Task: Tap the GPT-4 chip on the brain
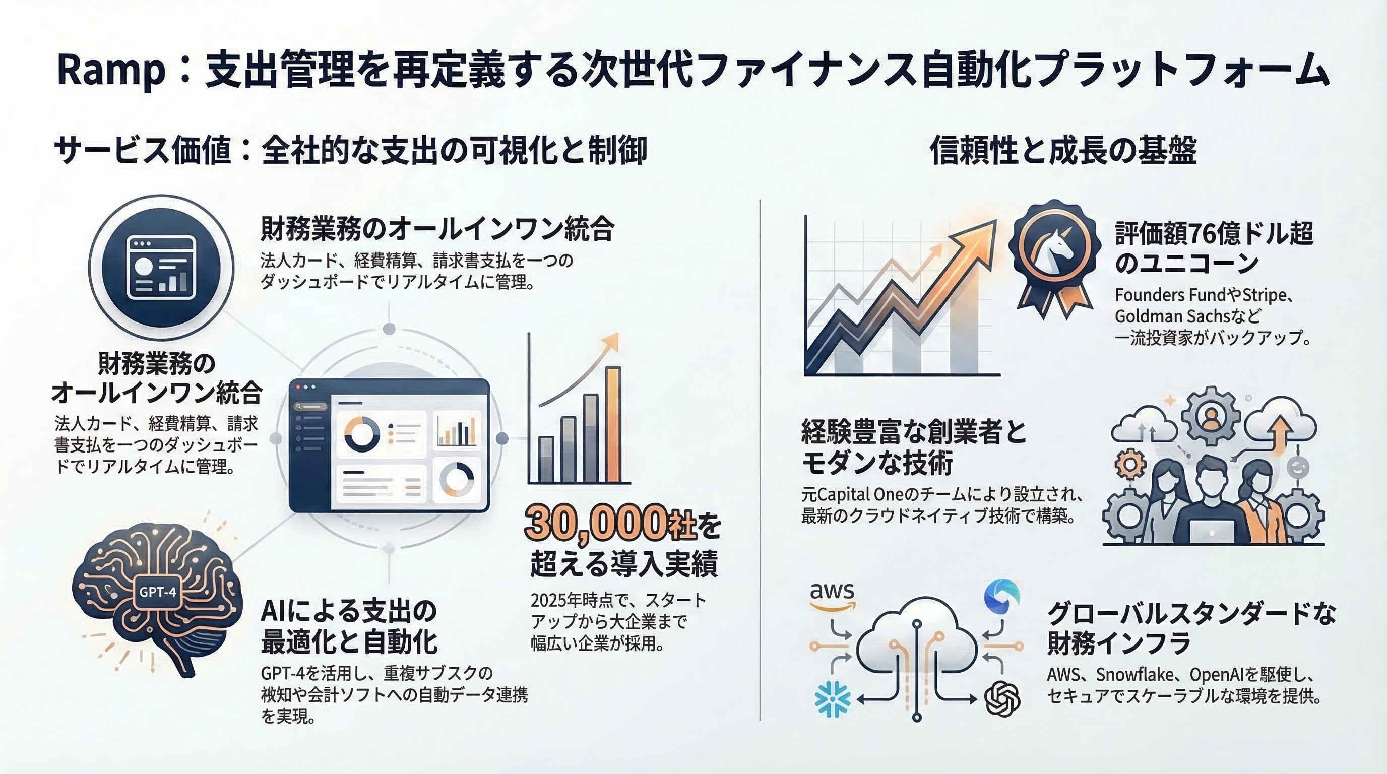157,592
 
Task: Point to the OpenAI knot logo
1002,698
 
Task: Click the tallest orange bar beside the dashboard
613,424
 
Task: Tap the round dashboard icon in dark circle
161,268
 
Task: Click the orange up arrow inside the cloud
1280,433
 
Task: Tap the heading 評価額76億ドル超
1214,234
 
